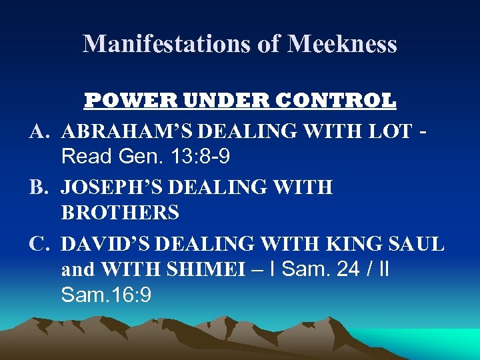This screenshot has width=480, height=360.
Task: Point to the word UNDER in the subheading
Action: pyautogui.click(x=206, y=101)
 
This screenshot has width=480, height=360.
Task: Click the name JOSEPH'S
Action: pyautogui.click(x=111, y=187)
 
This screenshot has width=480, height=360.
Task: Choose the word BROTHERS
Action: pyautogui.click(x=120, y=213)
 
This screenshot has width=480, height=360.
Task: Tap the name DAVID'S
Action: pyautogui.click(x=104, y=243)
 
